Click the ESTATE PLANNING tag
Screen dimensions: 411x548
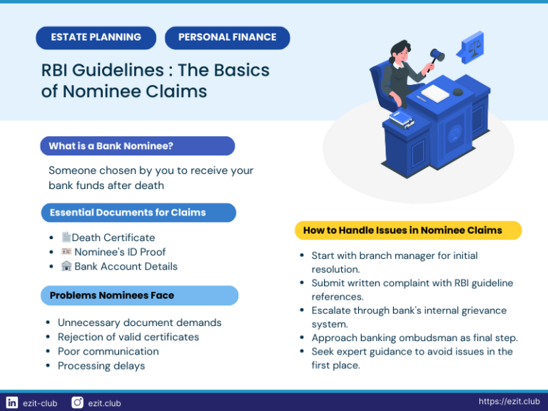coord(96,37)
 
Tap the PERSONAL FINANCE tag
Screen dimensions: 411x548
coord(227,37)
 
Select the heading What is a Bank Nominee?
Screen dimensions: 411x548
coord(111,146)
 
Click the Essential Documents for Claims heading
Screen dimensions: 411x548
coord(128,213)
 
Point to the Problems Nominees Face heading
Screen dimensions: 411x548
coord(112,295)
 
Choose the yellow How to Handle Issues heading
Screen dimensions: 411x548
coord(402,230)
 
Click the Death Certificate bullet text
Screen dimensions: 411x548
coord(113,238)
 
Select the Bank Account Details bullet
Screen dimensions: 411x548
coord(126,266)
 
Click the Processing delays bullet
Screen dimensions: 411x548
coord(101,366)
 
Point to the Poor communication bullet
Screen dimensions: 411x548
coord(108,351)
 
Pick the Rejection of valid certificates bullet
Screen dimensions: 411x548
coord(128,337)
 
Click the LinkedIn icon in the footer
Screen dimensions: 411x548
coord(11,402)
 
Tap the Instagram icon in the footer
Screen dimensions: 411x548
coord(77,402)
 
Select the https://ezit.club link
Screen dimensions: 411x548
coord(509,402)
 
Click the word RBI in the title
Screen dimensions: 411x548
coord(56,71)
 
